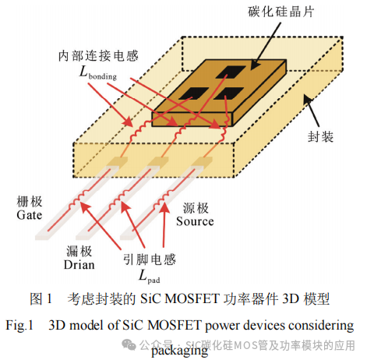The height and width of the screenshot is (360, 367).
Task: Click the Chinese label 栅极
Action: coord(28,200)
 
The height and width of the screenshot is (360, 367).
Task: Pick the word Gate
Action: coord(28,214)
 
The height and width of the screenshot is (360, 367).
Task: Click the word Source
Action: coord(194,221)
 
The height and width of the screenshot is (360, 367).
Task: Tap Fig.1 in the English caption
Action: coord(22,324)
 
